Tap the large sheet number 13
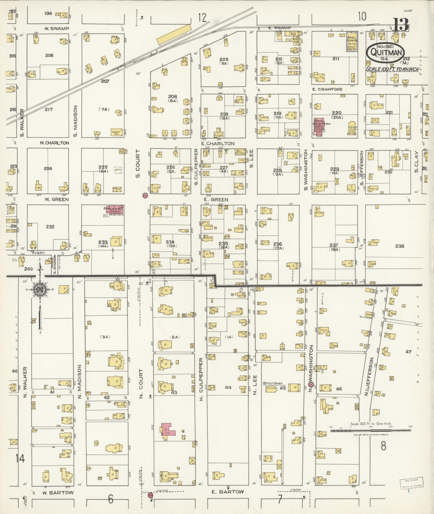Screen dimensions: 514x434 [x=401, y=25]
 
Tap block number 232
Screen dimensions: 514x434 [x=50, y=227]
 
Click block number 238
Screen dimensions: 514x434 [x=400, y=246]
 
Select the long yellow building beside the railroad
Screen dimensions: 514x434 [x=174, y=34]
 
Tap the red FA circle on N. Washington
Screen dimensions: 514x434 [x=310, y=384]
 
